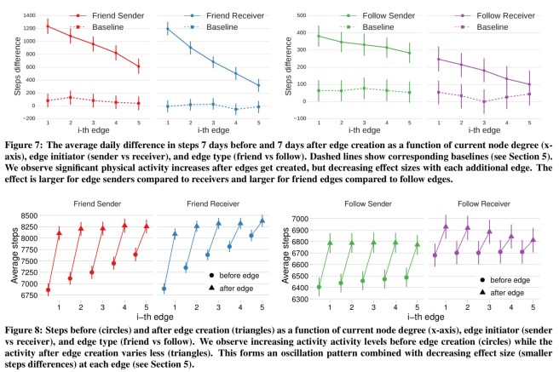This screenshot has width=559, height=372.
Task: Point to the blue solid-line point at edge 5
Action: coord(257,85)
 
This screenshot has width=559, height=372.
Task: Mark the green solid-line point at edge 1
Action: coord(320,36)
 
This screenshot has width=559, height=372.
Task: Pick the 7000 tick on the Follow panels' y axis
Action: coord(303,219)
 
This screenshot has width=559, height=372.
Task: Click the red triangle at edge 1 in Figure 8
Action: coord(59,233)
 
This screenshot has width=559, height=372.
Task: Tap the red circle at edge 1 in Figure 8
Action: coord(48,289)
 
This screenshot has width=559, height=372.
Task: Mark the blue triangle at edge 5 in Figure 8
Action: coord(262,220)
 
